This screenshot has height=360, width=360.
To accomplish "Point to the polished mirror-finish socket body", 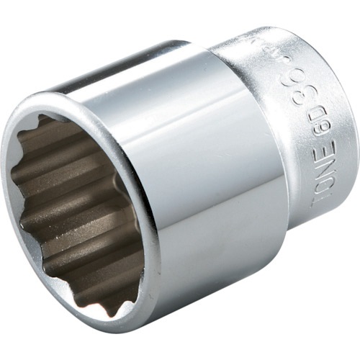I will [216, 180].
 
